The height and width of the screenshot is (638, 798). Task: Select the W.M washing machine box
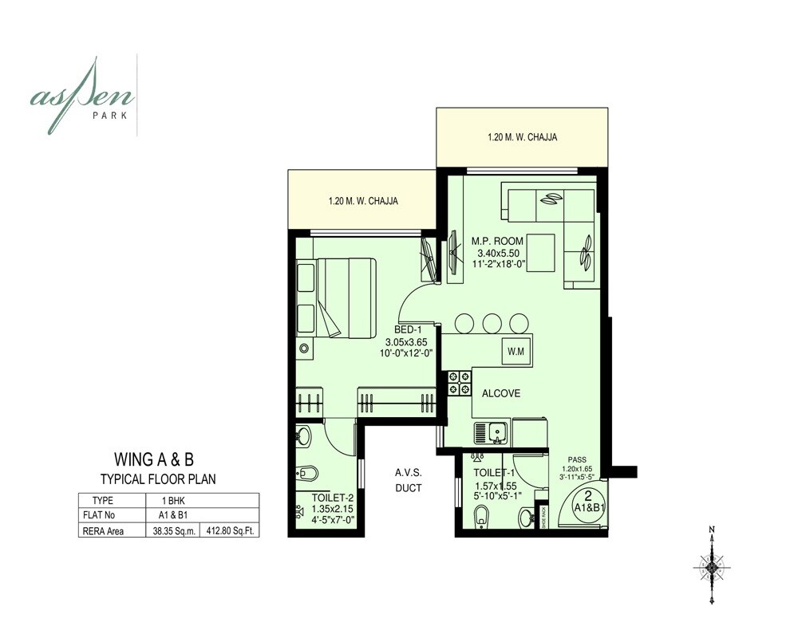pos(512,350)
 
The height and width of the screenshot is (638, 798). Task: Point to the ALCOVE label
pos(500,393)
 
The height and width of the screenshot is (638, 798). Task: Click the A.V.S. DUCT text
pos(407,480)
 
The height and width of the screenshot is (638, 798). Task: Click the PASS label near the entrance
pos(578,460)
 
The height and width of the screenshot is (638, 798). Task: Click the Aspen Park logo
pos(83,95)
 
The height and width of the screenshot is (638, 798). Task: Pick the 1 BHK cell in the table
pos(172,500)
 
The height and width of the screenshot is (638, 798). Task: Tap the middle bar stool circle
pos(491,323)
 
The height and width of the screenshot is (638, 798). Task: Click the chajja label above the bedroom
pos(363,201)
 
